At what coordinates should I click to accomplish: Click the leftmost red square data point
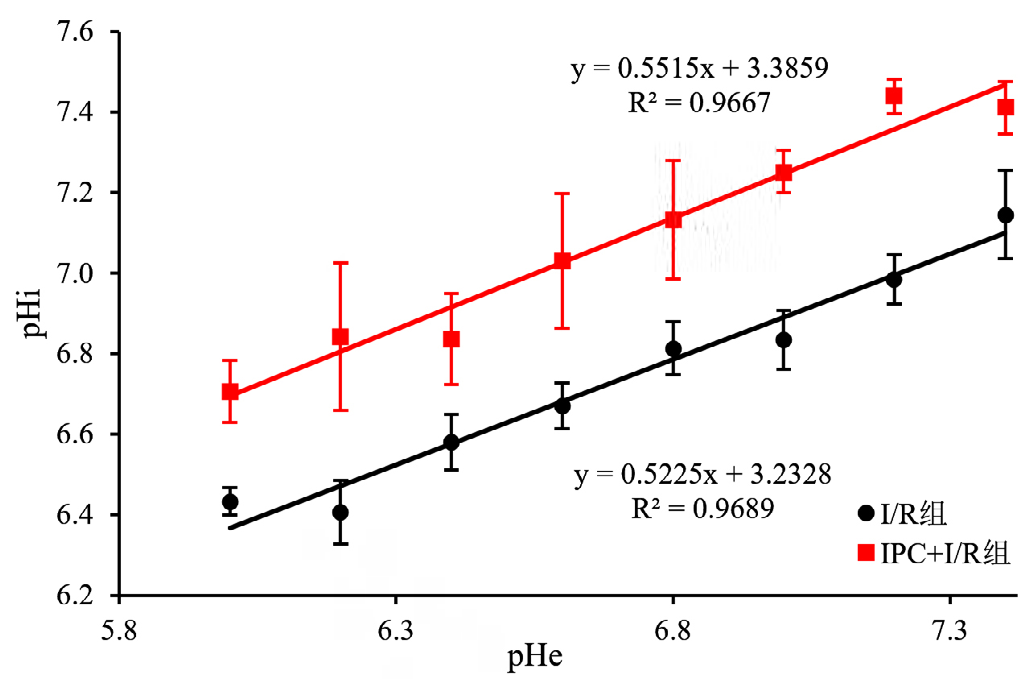(x=230, y=392)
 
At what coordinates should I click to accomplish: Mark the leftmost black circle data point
(x=230, y=502)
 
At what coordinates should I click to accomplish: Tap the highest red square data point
(x=894, y=96)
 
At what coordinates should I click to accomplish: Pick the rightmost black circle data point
(x=1005, y=215)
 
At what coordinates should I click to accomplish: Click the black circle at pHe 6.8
(x=673, y=349)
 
